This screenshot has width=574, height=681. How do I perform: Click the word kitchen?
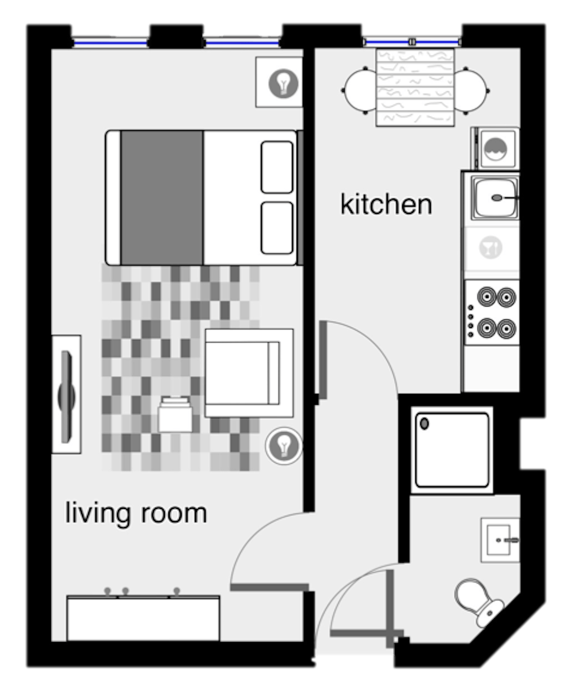[386, 204]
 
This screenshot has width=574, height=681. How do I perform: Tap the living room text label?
[136, 513]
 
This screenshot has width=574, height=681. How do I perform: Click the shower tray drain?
[424, 424]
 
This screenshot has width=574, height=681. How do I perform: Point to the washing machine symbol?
[496, 149]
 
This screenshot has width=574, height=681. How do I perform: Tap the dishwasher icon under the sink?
[491, 247]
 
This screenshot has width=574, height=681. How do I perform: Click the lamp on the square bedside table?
[283, 83]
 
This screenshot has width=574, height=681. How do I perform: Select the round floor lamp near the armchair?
[284, 446]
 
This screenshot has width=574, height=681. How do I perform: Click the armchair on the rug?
[249, 373]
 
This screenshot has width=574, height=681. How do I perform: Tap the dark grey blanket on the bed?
[162, 198]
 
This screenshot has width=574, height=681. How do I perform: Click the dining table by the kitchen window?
[415, 87]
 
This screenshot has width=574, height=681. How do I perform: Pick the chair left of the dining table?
[359, 91]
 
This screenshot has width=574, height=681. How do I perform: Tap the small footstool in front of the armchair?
[175, 415]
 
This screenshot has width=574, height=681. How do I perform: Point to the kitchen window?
[412, 42]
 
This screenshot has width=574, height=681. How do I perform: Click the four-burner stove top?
[492, 313]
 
